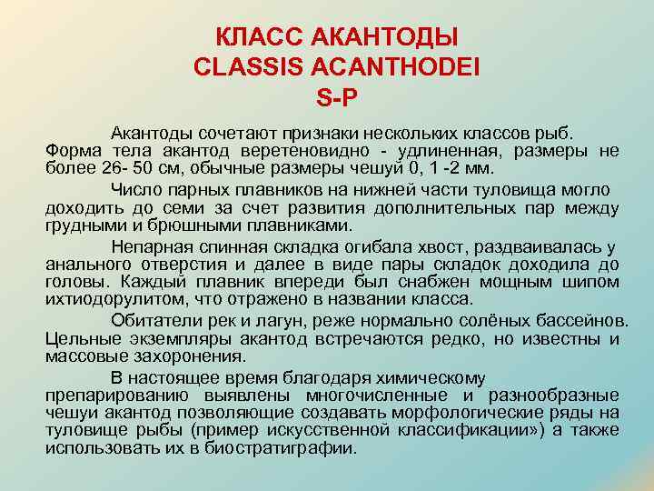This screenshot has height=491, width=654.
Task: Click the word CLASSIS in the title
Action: pyautogui.click(x=237, y=66)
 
